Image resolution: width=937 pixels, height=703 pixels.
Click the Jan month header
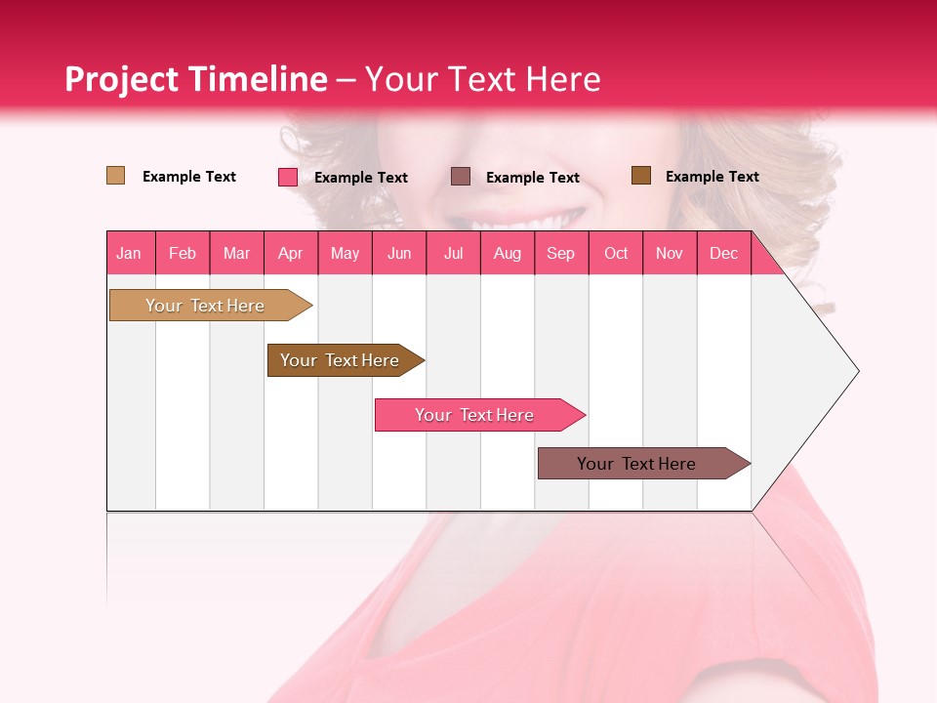129,253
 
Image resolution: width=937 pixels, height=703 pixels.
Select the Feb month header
183,253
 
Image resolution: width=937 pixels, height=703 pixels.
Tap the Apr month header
290,253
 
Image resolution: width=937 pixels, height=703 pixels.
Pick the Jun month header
399,253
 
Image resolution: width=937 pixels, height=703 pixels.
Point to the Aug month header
507,253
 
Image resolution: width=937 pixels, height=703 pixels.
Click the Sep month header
560,253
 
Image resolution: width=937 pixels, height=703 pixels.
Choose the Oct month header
616,253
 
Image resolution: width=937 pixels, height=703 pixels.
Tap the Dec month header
723,253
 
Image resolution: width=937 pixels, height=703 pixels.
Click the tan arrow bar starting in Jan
205,306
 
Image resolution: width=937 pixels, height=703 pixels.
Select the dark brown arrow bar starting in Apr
340,360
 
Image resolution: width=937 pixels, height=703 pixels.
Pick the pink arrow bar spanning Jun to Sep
474,415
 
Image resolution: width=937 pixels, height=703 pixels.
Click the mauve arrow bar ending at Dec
636,464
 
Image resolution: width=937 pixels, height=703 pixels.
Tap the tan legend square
115,176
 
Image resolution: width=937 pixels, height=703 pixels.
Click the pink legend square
287,177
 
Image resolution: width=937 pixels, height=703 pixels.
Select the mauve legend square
461,176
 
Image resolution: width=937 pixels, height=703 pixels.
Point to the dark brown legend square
640,176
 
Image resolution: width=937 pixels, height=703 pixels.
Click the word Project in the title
121,79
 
